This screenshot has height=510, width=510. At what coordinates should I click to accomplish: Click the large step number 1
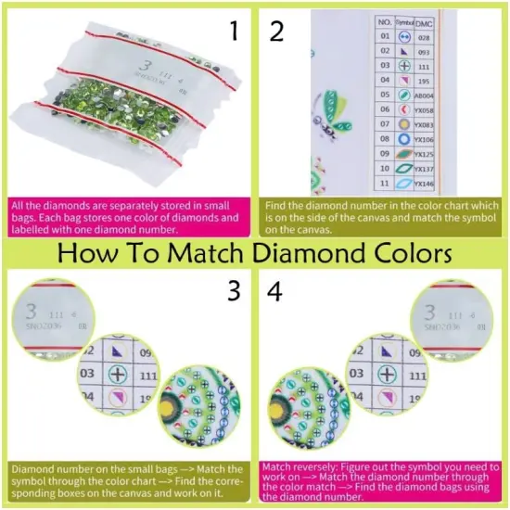click(x=235, y=32)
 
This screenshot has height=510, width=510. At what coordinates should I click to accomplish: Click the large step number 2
click(x=275, y=32)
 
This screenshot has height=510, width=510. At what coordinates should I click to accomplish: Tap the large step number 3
click(x=235, y=291)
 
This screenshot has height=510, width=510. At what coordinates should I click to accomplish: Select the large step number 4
click(x=275, y=291)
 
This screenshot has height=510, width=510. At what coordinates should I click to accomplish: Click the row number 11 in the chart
click(x=384, y=185)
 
